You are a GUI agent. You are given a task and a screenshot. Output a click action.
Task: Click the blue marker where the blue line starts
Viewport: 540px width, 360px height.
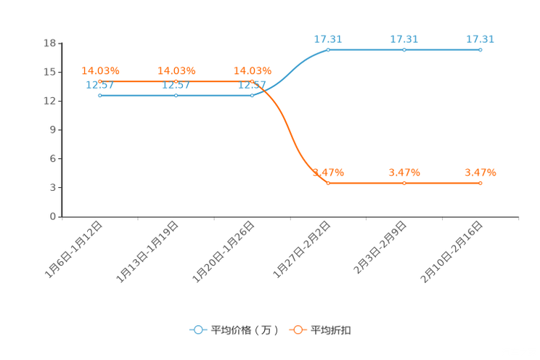point(99,96)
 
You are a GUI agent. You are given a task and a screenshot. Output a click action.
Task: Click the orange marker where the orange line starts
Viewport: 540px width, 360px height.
point(99,81)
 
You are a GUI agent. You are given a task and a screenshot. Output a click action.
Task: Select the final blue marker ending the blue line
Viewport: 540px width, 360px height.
point(480,50)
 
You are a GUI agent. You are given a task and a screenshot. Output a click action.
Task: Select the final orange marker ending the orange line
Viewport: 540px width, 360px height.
point(480,183)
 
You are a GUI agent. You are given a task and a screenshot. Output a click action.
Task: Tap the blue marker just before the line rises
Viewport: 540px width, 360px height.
point(252,96)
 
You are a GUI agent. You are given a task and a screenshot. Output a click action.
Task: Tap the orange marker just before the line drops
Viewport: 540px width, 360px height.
point(252,81)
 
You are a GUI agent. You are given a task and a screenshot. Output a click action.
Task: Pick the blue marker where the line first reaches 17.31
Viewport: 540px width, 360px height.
point(328,50)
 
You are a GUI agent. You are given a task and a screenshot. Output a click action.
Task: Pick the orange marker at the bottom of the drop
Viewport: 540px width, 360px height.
point(328,183)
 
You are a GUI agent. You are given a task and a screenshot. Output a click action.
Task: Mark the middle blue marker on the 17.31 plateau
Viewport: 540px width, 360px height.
point(404,50)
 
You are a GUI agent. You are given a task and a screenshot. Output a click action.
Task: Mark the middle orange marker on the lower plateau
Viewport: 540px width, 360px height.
point(404,183)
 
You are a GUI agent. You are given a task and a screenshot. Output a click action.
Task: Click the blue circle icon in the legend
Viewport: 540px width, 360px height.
point(198,330)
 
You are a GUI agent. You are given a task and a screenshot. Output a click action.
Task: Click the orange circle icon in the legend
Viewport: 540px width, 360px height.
point(298,330)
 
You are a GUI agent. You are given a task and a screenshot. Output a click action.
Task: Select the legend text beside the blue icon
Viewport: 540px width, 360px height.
point(245,330)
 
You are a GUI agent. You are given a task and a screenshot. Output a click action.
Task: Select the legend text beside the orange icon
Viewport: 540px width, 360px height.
point(332,330)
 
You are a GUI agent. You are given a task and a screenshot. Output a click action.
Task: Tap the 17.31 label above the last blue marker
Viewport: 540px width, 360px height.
point(480,39)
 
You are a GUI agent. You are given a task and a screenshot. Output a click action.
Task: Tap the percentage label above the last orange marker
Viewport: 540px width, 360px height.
point(480,172)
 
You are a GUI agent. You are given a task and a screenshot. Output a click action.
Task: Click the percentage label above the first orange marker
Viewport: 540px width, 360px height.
point(100,70)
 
